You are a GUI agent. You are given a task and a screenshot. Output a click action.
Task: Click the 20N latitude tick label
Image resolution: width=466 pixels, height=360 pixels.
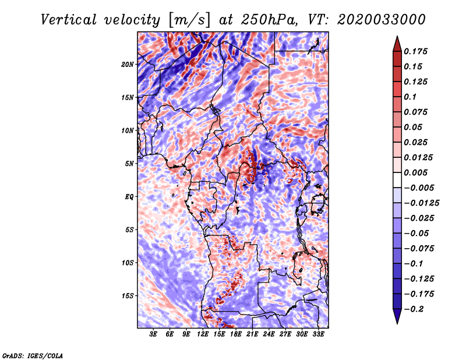(128, 64)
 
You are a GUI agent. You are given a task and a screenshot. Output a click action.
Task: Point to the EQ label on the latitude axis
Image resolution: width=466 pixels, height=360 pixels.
(129, 196)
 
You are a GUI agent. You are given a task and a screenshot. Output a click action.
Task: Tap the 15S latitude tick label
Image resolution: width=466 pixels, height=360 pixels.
(128, 296)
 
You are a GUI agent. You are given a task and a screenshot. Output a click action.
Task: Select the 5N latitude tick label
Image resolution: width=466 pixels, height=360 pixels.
(130, 164)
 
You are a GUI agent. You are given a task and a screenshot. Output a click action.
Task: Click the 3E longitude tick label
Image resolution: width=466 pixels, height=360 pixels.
(154, 334)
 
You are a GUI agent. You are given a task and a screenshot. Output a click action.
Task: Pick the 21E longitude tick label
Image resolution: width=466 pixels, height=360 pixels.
(253, 334)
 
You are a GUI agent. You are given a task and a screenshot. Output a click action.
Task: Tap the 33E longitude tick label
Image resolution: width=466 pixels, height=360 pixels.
(319, 334)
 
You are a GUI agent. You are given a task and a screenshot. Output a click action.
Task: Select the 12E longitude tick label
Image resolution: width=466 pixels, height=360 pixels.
(203, 334)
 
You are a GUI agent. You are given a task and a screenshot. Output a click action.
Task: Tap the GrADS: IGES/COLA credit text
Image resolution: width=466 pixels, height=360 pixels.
(33, 355)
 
